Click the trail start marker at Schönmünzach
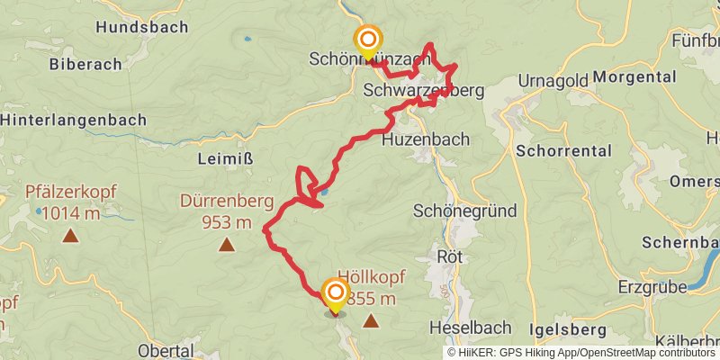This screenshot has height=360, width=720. pos(368,40)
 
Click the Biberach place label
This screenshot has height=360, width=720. pos(85,64)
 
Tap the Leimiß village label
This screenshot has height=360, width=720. pos(224,159)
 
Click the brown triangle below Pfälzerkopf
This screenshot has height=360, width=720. pos(69,237)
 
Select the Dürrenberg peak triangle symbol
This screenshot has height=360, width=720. pos(227,244)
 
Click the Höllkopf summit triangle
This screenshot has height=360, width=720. pos(370,320)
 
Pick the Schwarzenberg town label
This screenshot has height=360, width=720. pos(424,91)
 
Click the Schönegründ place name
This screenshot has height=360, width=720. pos(464,211)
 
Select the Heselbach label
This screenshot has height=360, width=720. pos(470,327)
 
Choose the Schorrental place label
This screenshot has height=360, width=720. pos(564,150)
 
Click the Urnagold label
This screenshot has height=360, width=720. pos(553,81)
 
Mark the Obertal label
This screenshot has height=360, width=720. pos(166,349)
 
